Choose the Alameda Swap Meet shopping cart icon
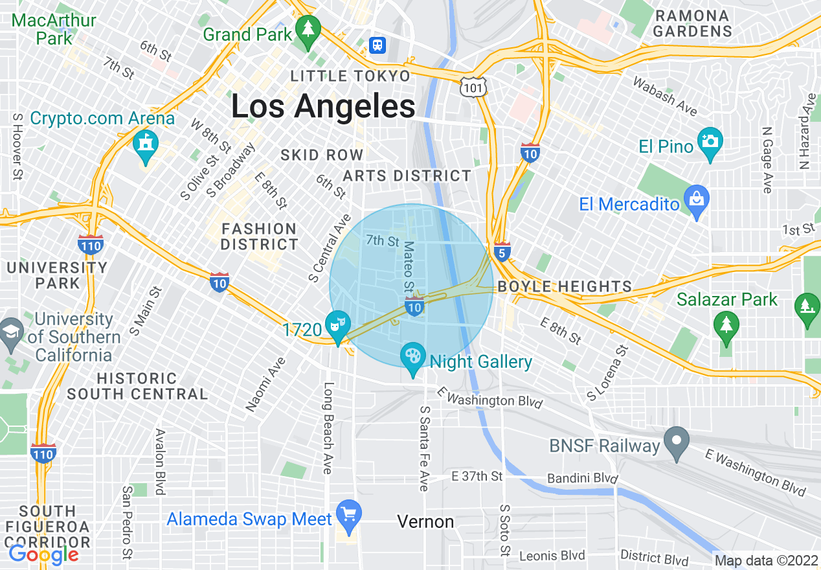(349, 514)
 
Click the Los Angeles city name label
(323, 106)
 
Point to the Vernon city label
(425, 521)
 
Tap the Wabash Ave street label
(665, 96)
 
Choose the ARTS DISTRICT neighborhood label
(407, 176)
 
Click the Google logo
(43, 554)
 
